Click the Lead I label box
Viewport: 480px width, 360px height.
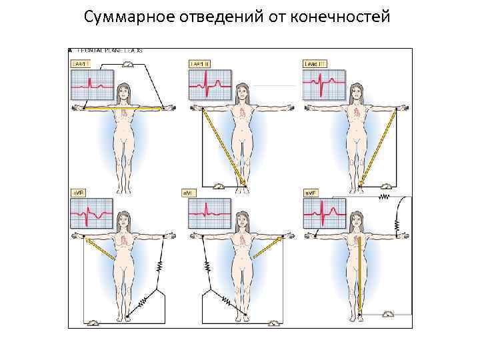coord(80,63)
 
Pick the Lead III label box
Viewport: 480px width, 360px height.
coord(313,63)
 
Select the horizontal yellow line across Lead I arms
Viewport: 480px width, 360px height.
coord(125,107)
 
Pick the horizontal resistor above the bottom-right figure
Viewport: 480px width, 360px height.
coord(383,197)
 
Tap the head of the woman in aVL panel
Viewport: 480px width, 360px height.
coord(241,218)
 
